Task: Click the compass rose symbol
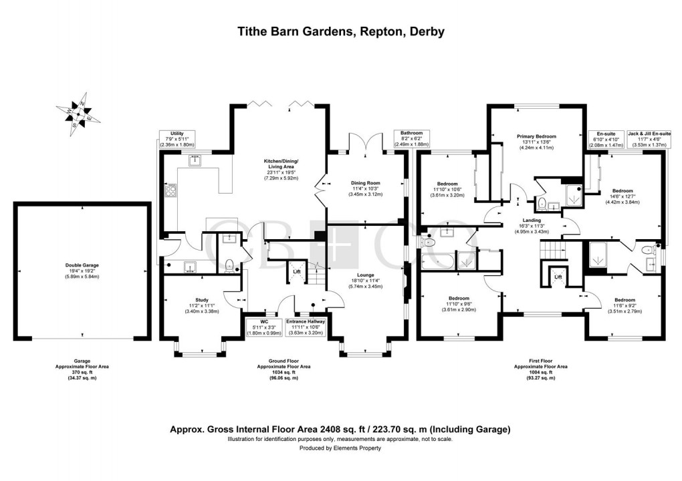pos(78,116)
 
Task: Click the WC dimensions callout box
pos(262,327)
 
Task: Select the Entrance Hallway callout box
pos(305,327)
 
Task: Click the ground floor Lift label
pos(297,272)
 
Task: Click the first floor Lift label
pos(558,276)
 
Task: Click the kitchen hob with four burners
pos(171,191)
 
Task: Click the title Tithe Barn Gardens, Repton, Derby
pos(341,31)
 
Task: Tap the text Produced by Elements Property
pos(341,448)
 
